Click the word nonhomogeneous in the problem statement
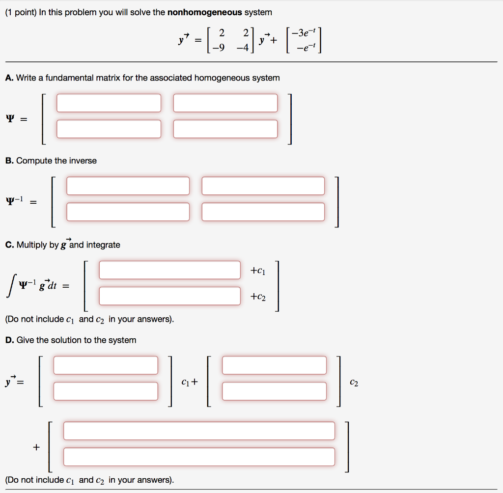205,12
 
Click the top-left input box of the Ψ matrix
109,103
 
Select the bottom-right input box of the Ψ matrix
225,129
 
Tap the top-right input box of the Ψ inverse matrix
263,186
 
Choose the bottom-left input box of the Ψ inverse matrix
128,212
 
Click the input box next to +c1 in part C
169,270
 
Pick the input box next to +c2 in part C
169,296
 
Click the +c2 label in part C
257,297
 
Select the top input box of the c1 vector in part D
106,365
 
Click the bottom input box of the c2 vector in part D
274,391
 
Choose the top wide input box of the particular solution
199,431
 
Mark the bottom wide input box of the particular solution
199,457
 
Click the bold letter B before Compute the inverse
8,161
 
